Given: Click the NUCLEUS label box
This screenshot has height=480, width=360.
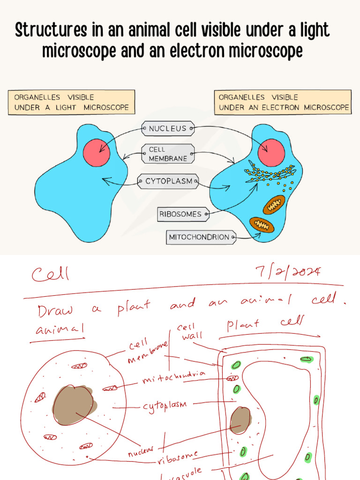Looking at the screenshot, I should point(167,128).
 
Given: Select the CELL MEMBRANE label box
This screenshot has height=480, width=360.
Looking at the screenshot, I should point(167,154).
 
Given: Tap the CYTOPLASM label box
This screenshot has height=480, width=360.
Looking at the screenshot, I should point(168,181).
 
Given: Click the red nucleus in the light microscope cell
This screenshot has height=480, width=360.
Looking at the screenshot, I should point(97,153).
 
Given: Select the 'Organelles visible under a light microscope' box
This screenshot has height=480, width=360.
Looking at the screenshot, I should point(71,102).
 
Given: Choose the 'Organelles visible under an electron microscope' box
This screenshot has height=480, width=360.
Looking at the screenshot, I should point(284,102).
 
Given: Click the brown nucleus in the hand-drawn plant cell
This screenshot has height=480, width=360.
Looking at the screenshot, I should point(240,420).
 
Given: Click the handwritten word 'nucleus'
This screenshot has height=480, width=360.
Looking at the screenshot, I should point(141,451).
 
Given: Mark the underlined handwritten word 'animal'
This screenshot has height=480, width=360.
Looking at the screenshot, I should point(60,330).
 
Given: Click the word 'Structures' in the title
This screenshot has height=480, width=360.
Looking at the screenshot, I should point(51,30).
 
